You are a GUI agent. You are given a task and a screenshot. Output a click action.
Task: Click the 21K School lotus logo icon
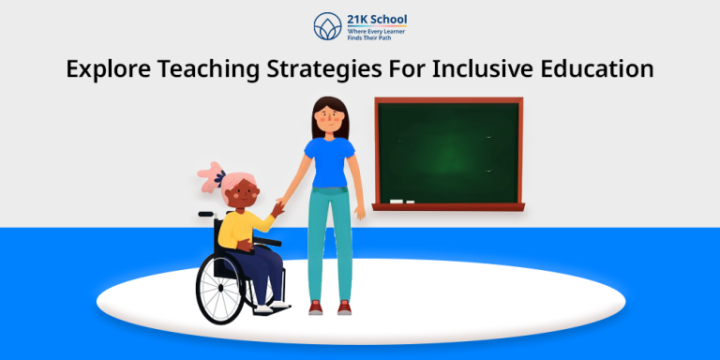324,27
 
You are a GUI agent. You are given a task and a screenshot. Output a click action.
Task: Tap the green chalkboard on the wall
448,150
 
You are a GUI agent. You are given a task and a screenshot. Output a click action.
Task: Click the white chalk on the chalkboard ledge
401,201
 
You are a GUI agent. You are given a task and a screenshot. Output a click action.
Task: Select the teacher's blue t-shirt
331,160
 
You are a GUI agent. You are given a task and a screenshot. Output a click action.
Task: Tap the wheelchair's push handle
203,215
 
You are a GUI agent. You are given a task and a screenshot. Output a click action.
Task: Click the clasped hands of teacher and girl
278,207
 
